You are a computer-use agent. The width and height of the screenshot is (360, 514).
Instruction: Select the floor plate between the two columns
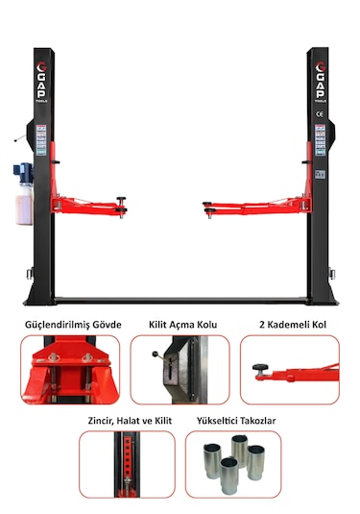(180, 300)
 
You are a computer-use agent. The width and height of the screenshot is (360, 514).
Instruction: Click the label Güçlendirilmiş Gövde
(73, 324)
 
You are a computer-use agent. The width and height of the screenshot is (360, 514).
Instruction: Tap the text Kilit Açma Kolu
(180, 324)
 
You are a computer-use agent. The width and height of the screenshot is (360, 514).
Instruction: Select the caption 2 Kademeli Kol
(293, 324)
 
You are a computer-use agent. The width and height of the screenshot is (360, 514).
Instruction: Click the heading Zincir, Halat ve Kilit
(127, 420)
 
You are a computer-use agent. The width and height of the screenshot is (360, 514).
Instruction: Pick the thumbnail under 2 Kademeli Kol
(291, 369)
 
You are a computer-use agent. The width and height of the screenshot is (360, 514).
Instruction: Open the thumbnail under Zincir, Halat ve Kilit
(127, 464)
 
